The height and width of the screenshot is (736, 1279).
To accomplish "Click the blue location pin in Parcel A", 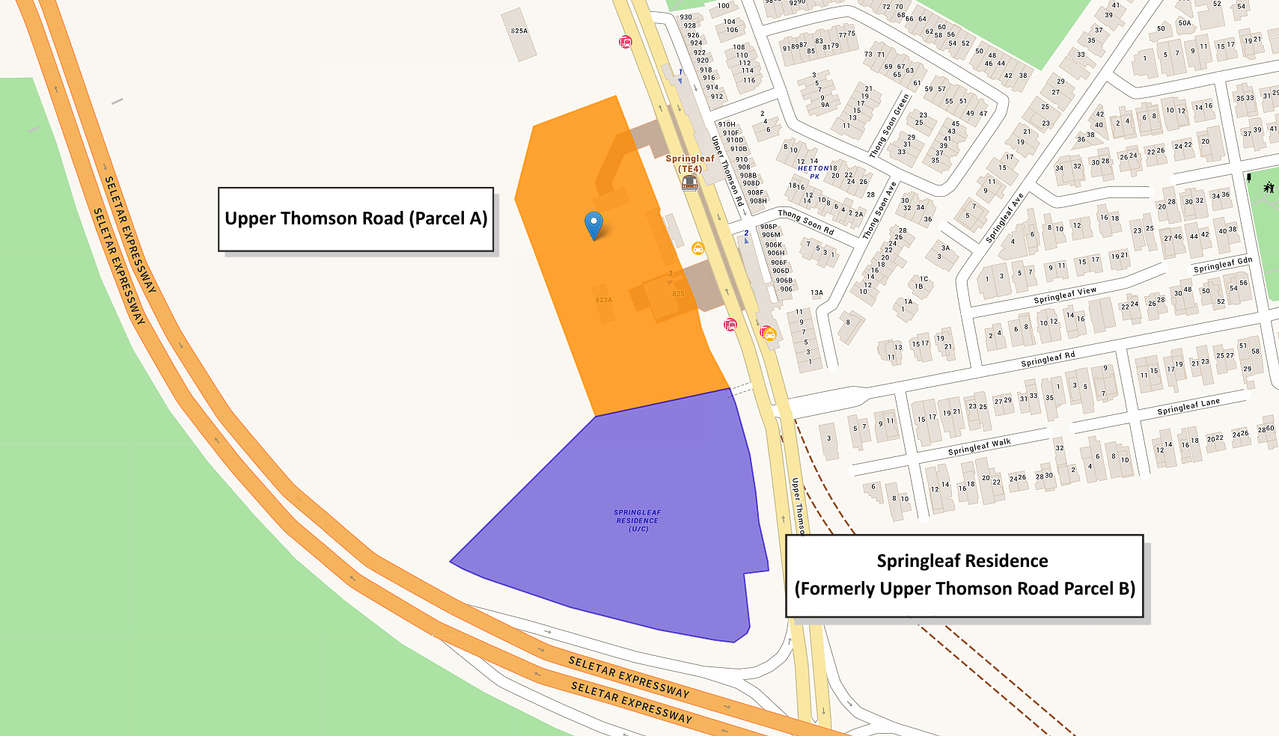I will point(593,224).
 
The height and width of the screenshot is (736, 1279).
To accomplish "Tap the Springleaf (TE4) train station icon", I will point(690,183).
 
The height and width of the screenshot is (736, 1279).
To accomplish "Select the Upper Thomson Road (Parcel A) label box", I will point(355,218).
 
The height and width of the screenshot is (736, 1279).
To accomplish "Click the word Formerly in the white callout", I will point(835,589).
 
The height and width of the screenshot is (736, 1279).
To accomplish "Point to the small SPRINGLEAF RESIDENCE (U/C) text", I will point(638,521).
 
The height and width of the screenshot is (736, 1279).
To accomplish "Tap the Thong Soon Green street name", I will point(890,125).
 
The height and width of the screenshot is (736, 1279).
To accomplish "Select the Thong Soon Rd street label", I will point(805,221).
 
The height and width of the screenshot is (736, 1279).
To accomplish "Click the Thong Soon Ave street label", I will point(879,210).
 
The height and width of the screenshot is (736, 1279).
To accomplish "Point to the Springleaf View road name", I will point(1065,295).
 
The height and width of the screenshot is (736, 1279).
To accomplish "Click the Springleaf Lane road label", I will point(1188,407).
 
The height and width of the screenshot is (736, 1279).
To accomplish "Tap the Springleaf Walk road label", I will point(979,447).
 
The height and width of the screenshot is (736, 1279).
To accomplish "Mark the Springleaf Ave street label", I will point(1004,218).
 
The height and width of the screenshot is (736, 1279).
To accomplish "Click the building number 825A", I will point(519,31).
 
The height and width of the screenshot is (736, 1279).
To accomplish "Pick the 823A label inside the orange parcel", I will point(604,300).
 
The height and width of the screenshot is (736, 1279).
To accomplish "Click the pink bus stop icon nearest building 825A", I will point(626,42).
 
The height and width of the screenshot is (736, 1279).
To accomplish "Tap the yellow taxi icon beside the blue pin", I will point(698,248).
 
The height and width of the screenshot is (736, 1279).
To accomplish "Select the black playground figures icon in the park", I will point(1269,187).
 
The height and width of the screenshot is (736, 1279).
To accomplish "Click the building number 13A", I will point(816,293).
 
